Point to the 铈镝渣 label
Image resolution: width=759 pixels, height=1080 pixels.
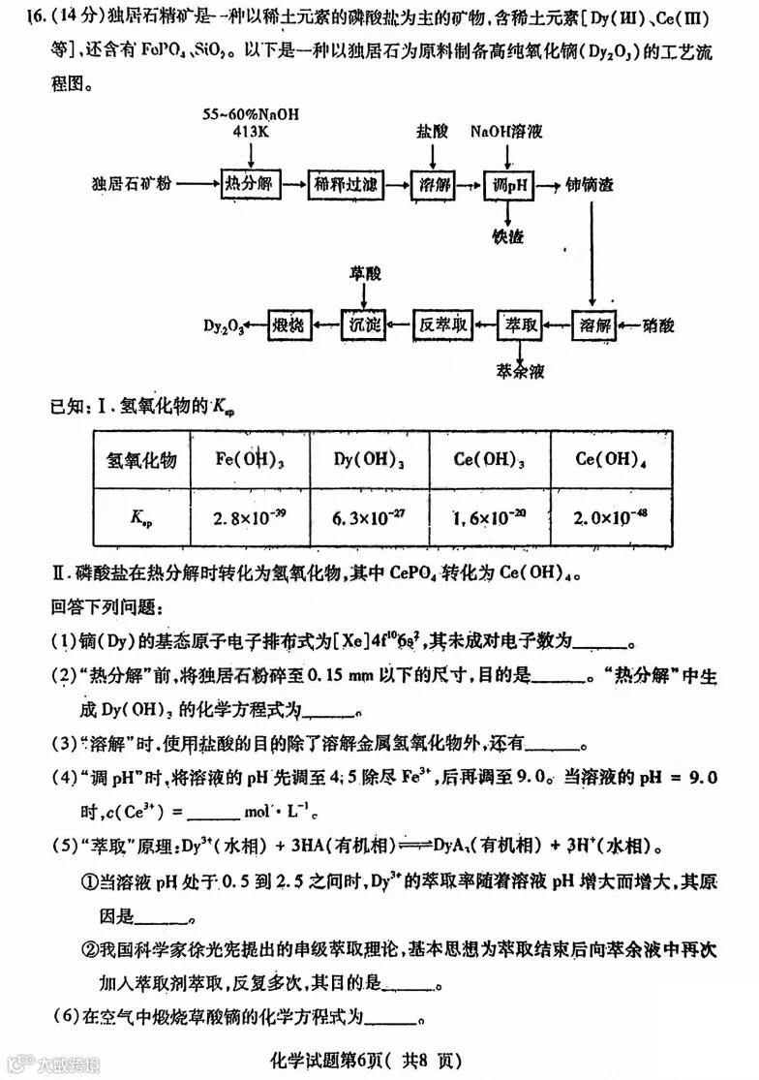tap(592, 183)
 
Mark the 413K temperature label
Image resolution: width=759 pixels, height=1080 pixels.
tap(251, 130)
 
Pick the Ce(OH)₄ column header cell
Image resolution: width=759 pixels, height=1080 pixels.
tap(609, 459)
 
